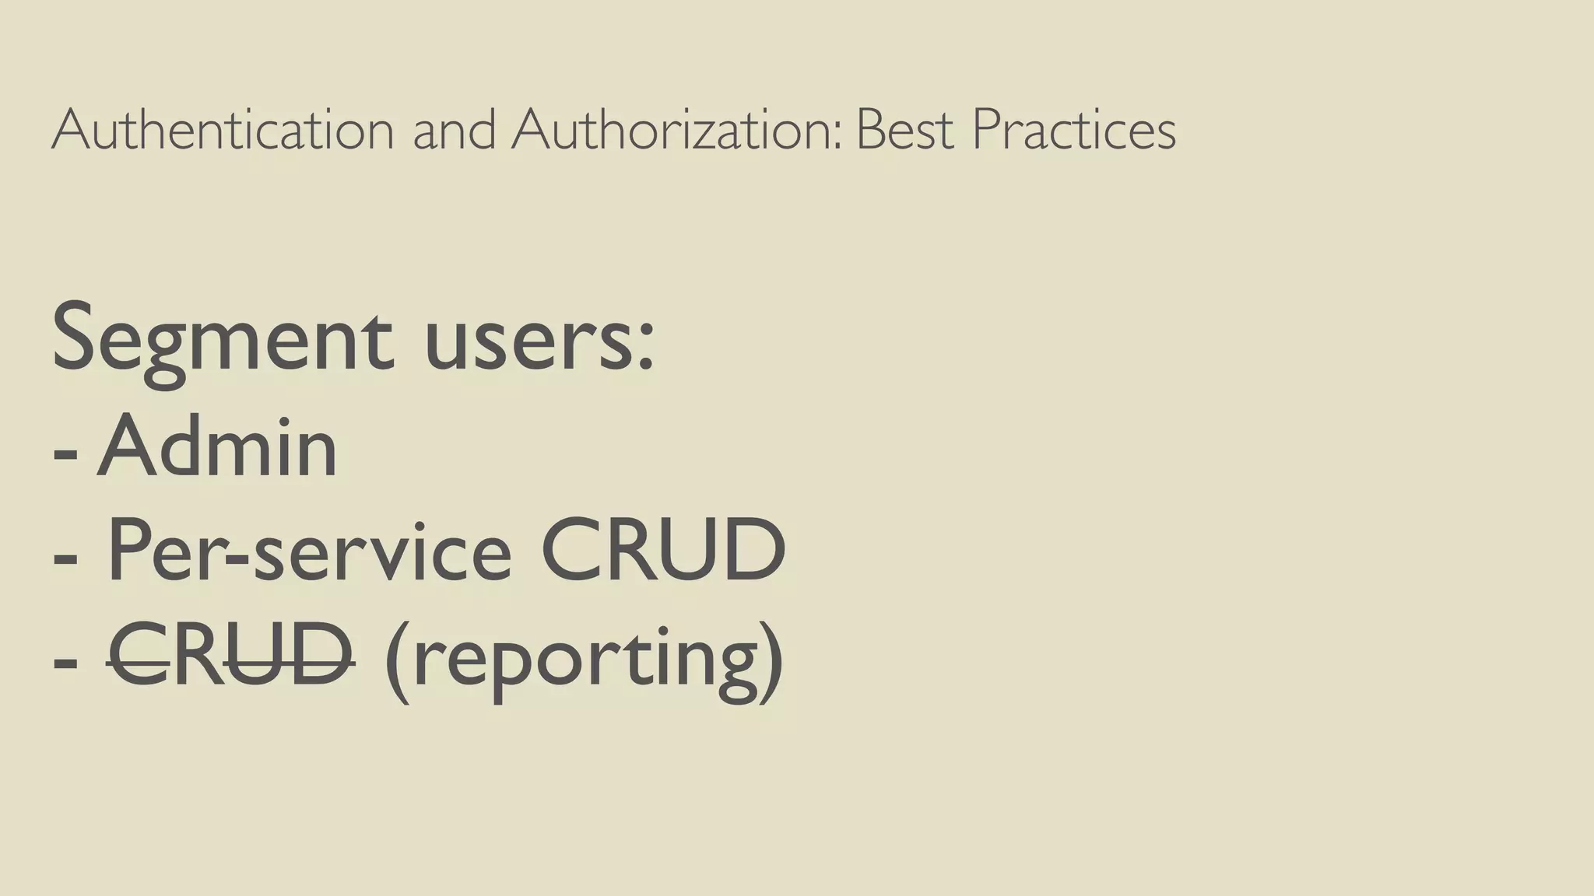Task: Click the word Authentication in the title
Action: pos(223,129)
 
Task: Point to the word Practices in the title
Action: pos(1074,129)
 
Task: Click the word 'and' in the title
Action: pos(455,129)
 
